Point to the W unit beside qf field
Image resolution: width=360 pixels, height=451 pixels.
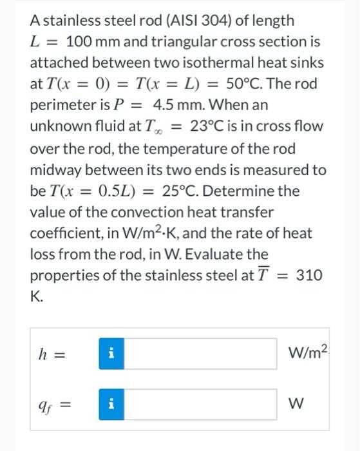click(298, 406)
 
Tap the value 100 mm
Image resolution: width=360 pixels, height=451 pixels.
click(87, 42)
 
